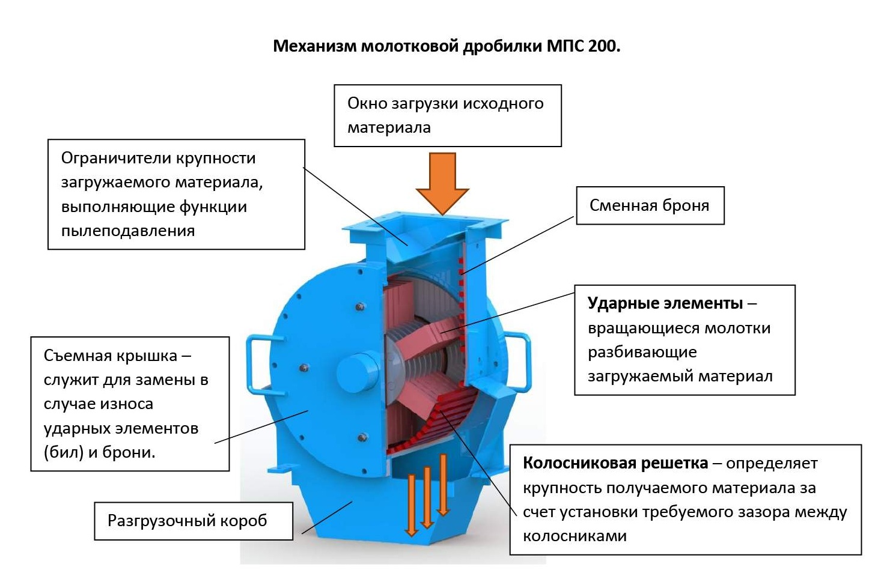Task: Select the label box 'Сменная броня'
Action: pyautogui.click(x=650, y=205)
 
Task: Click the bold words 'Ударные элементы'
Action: pyautogui.click(x=665, y=303)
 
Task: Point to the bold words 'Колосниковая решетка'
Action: pyautogui.click(x=615, y=463)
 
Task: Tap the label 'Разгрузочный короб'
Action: pyautogui.click(x=187, y=521)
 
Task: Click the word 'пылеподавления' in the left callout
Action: pyautogui.click(x=128, y=231)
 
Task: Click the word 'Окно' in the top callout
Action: pyautogui.click(x=367, y=103)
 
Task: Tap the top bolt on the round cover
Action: pyautogui.click(x=360, y=307)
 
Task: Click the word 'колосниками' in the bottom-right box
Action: pyautogui.click(x=575, y=536)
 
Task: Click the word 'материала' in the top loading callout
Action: pyautogui.click(x=389, y=127)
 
